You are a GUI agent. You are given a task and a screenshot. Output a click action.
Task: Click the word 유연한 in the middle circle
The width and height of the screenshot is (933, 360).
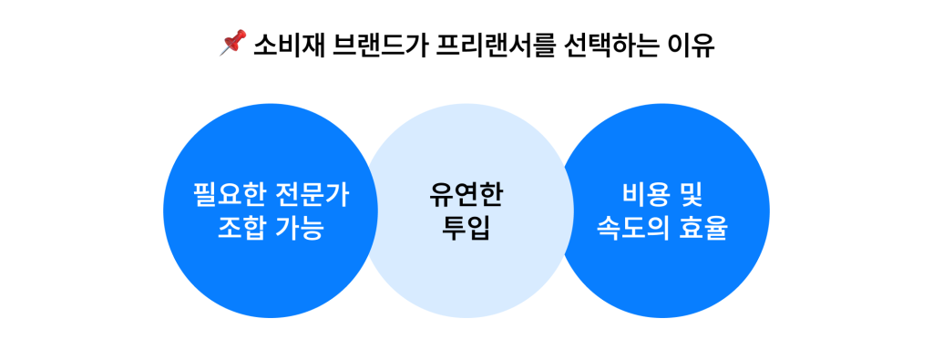466,194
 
